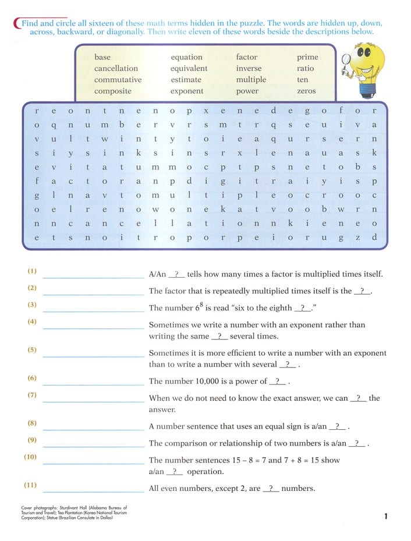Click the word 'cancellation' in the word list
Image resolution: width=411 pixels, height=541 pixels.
[116, 69]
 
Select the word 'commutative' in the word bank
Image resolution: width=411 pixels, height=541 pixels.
[118, 80]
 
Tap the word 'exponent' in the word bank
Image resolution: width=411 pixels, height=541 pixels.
[187, 91]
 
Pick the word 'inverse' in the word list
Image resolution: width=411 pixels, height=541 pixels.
[249, 69]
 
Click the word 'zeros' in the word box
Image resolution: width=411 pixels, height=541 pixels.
[306, 91]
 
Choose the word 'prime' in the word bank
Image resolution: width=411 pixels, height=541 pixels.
[307, 57]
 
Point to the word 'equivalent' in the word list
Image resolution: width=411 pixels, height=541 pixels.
[189, 69]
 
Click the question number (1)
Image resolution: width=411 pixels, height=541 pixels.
[32, 271]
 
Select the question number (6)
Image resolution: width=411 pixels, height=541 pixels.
[32, 378]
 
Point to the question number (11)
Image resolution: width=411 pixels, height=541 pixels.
[31, 485]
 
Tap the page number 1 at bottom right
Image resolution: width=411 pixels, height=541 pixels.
[386, 515]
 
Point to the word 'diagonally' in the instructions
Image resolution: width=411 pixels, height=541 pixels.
[125, 31]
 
